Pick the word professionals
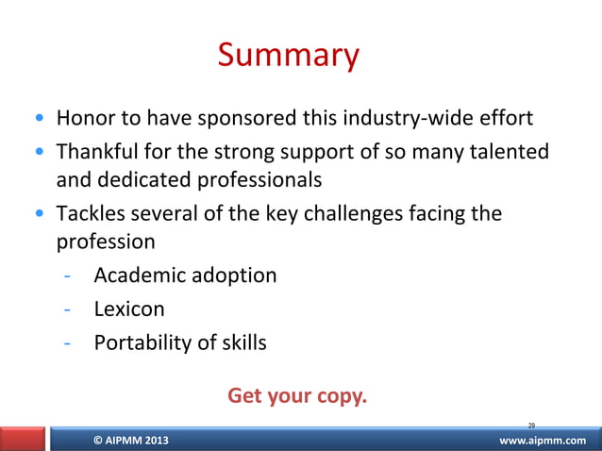click(x=255, y=179)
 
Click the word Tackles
click(x=90, y=212)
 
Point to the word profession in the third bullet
click(x=106, y=242)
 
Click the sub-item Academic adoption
click(x=185, y=276)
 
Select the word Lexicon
click(x=129, y=309)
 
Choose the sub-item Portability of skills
click(x=180, y=342)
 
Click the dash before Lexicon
click(x=67, y=309)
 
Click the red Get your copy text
click(x=297, y=395)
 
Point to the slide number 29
click(x=531, y=426)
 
